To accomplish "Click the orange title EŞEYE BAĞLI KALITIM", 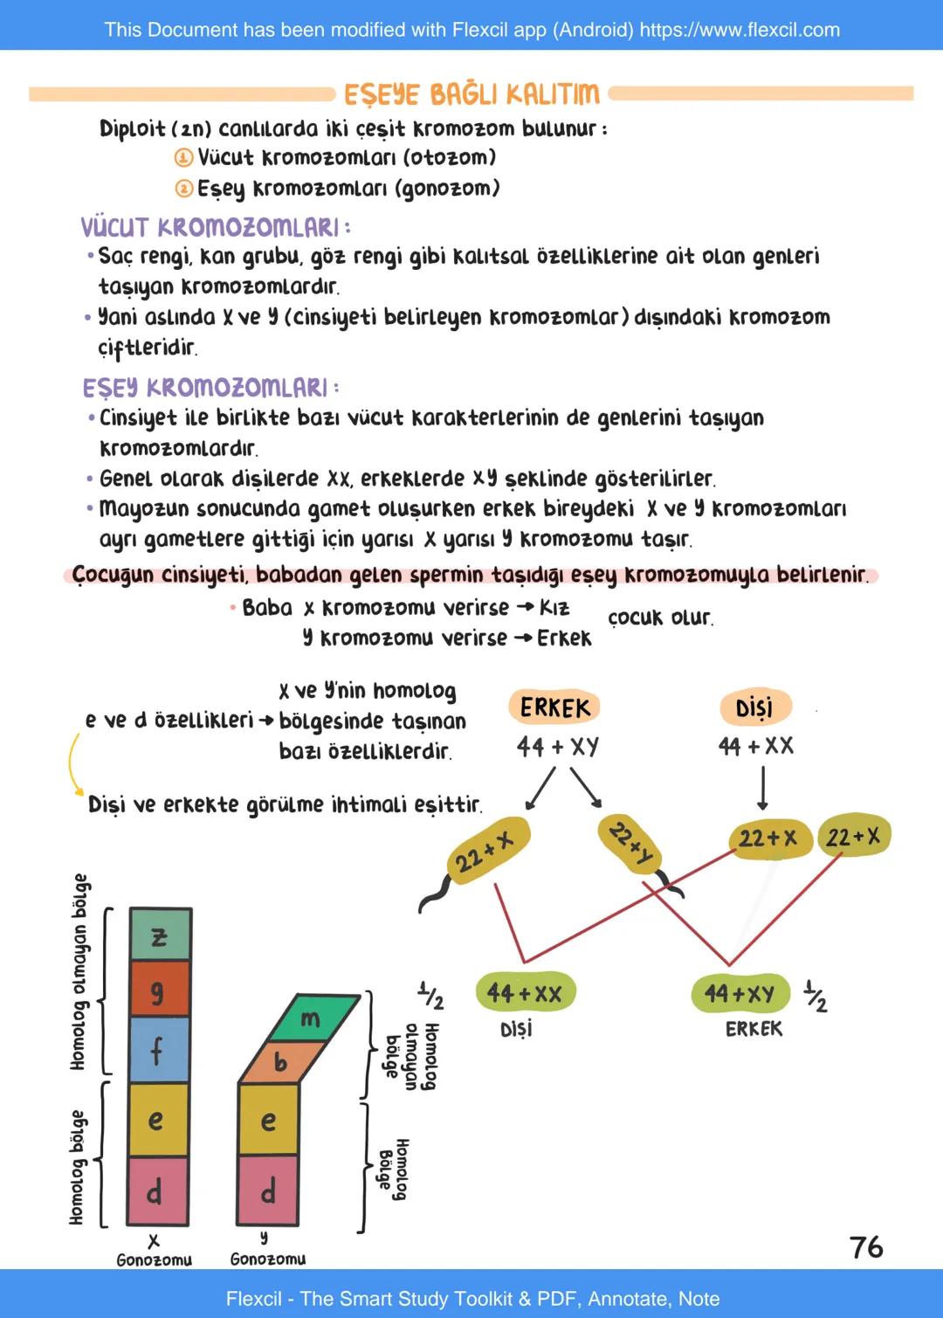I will [471, 93].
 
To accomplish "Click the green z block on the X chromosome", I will [159, 935].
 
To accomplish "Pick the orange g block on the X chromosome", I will [159, 990].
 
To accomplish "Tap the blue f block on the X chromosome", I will [159, 1050].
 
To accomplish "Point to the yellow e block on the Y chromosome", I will [268, 1120].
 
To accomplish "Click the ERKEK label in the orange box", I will [554, 707].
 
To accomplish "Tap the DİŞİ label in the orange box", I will [754, 707].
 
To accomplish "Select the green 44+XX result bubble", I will [525, 993].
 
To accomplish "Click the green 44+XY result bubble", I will [740, 994].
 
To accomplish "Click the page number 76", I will [866, 1247].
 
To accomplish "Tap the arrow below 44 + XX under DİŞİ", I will [762, 788].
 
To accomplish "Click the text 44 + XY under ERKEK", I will [557, 747].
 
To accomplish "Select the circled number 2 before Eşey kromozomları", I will [183, 189].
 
